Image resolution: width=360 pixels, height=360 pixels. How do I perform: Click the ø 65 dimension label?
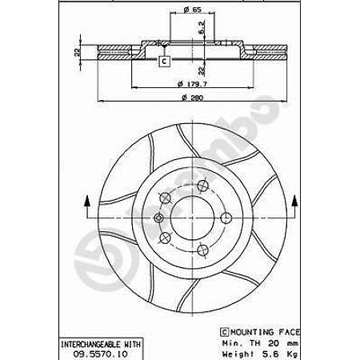(192, 10)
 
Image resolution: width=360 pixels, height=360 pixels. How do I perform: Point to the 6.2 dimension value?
(202, 27)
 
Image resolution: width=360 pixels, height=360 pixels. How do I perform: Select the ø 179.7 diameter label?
(192, 84)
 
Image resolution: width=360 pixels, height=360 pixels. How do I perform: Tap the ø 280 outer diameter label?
(193, 98)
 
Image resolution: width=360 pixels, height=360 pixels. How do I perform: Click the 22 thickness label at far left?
(78, 52)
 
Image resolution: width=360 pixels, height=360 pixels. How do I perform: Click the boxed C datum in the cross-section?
(164, 62)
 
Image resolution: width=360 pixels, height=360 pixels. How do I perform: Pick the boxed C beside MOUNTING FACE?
(224, 332)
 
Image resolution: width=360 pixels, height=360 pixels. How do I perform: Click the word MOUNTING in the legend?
(252, 332)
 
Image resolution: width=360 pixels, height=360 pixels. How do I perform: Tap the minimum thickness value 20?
(273, 343)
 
